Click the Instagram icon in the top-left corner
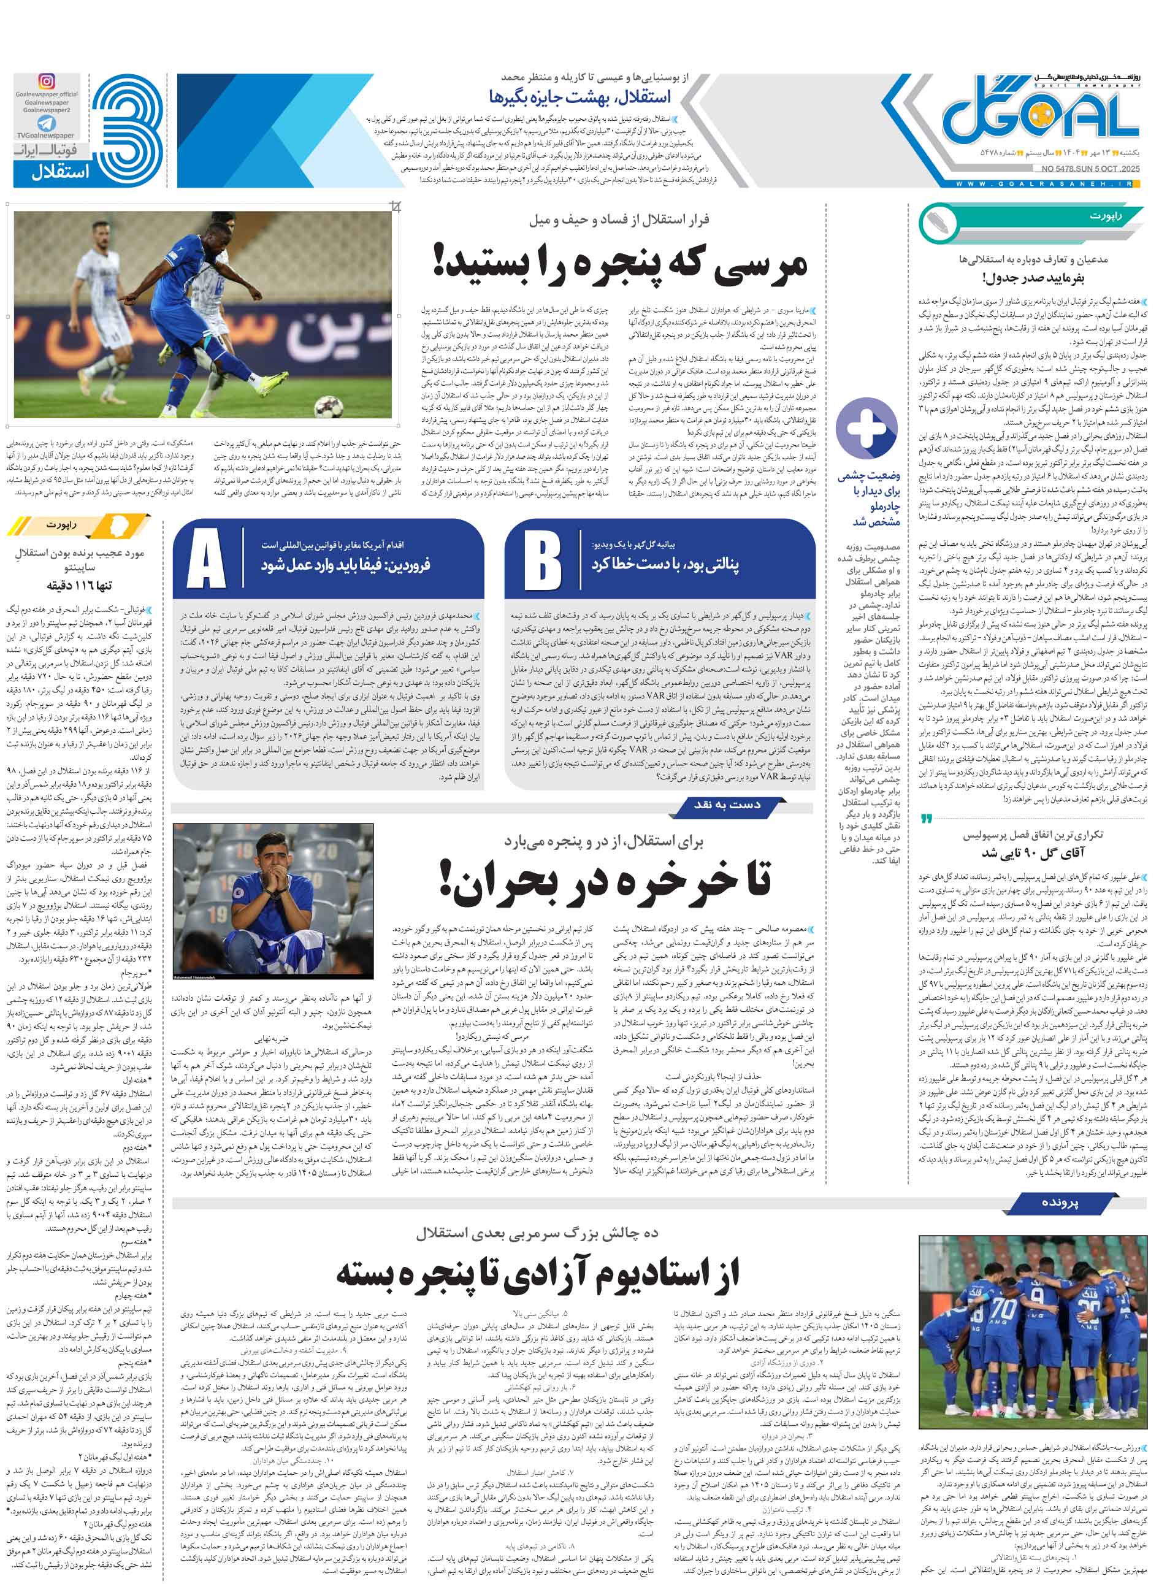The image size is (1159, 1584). (x=47, y=82)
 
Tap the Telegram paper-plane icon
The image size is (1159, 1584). (x=47, y=123)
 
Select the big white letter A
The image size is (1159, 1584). (x=206, y=559)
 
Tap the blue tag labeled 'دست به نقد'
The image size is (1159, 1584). (x=727, y=805)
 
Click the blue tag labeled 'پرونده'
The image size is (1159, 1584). (x=1060, y=1203)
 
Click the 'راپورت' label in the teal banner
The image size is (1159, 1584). (x=1104, y=216)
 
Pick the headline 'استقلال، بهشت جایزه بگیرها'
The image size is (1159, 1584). (x=579, y=97)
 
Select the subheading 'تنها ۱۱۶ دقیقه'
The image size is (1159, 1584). (x=79, y=584)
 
